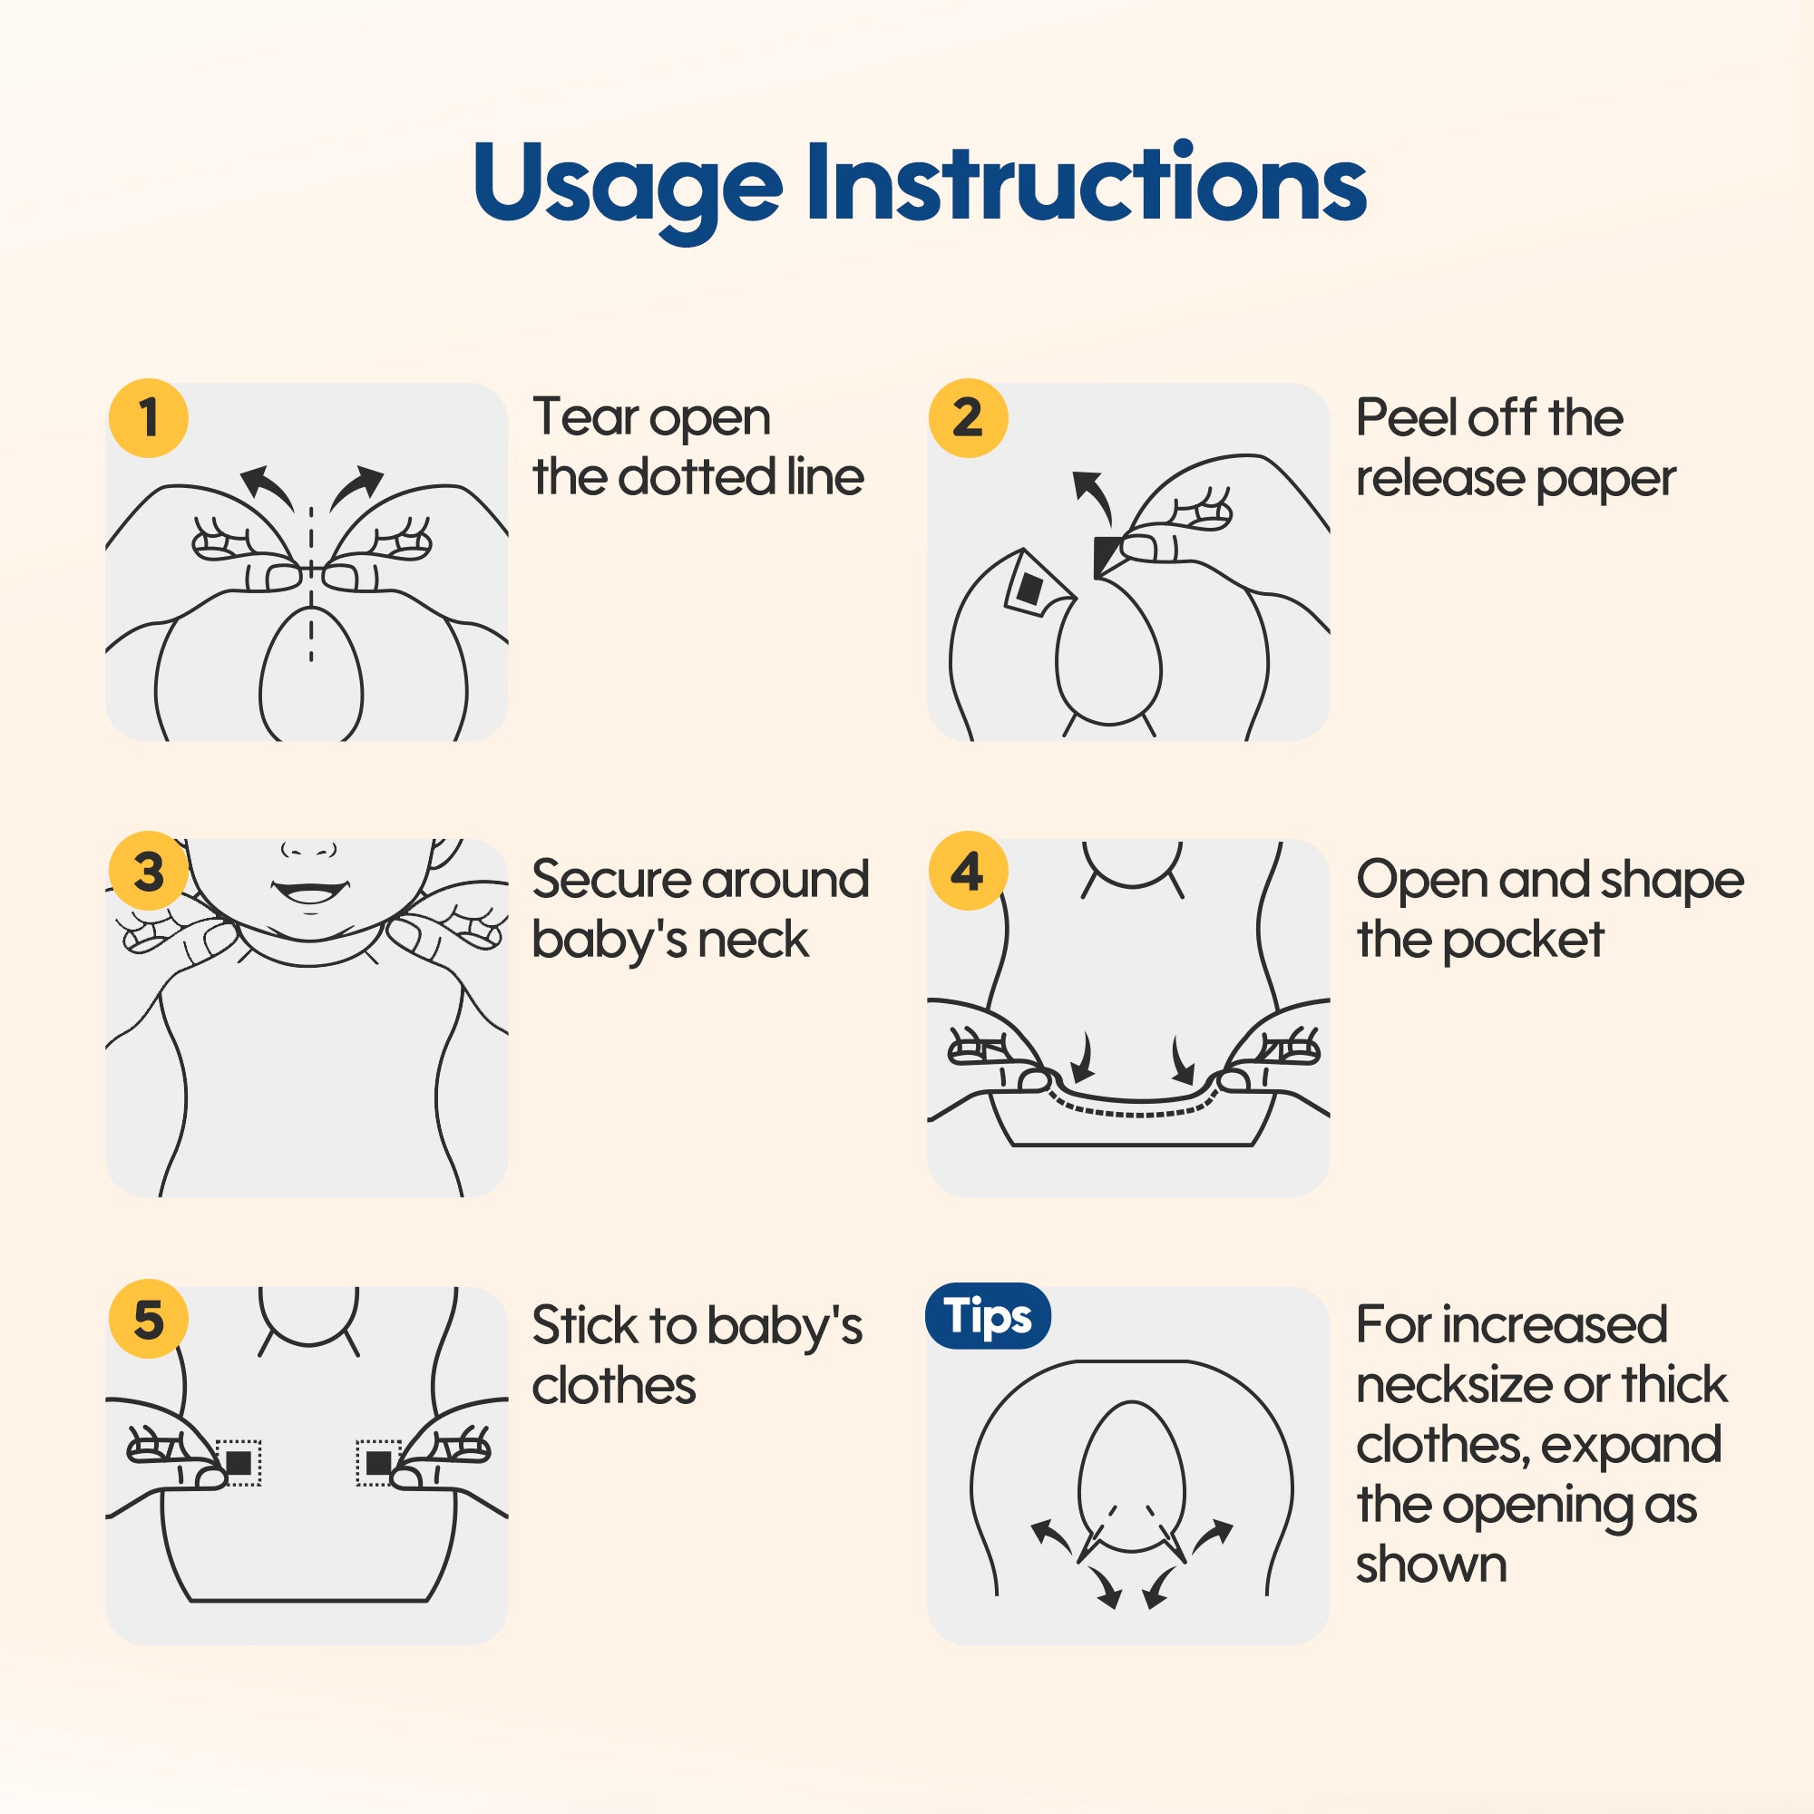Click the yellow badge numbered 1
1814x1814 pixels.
pos(149,418)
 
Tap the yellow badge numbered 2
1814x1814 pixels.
pos(968,418)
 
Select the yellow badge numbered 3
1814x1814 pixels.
pos(149,871)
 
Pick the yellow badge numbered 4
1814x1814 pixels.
pos(968,871)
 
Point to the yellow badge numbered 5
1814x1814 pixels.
pos(149,1318)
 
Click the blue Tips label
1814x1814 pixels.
pos(988,1315)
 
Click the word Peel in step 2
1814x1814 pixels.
pos(1407,417)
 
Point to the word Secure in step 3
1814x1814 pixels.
pos(610,879)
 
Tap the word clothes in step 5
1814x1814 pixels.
pos(614,1385)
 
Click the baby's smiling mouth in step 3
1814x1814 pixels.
pos(308,890)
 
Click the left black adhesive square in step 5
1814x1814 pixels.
pos(239,1462)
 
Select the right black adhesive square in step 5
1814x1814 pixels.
pos(378,1462)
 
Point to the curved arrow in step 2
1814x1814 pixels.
pos(1093,496)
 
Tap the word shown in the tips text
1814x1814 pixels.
pos(1431,1565)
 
